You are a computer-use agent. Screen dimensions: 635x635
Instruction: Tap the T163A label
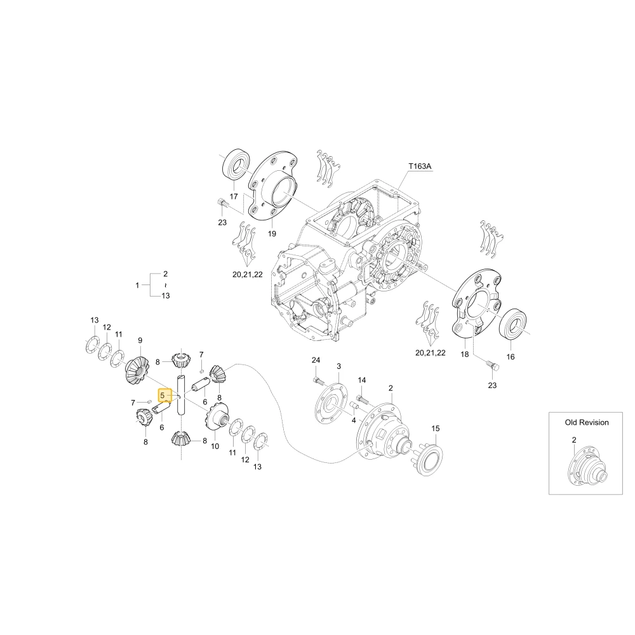420,166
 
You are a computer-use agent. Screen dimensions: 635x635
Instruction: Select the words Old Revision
587,422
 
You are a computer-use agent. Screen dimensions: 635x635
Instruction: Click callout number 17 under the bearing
234,196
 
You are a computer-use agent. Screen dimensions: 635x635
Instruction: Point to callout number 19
272,234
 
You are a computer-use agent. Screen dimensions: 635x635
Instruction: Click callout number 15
436,429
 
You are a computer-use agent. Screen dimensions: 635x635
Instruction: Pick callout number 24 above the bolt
316,360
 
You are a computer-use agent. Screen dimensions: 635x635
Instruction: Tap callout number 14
362,380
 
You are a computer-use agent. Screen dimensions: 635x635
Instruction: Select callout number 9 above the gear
140,340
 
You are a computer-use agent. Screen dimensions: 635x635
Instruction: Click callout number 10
215,446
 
